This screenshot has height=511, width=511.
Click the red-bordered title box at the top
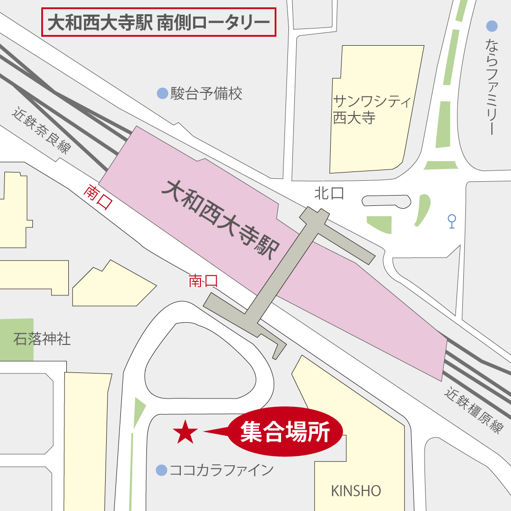[158, 23]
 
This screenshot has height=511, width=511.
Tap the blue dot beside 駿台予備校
[162, 93]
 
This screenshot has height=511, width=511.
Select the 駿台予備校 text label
[206, 93]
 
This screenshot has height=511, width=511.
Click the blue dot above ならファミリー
[491, 26]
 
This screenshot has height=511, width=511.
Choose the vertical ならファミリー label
[491, 86]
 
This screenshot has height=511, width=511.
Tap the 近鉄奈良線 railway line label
[42, 130]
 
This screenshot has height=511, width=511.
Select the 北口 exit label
[329, 193]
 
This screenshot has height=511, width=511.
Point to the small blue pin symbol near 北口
[452, 221]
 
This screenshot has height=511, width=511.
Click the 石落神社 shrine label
[42, 339]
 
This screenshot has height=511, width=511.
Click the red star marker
[185, 432]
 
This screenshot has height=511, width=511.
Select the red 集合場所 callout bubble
[285, 432]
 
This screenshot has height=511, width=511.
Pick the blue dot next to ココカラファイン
[161, 470]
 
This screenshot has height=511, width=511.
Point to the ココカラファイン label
[221, 470]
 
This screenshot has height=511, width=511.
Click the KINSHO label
[356, 490]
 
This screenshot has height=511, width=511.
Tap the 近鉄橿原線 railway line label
[474, 410]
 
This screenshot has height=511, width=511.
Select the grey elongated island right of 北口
[386, 200]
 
